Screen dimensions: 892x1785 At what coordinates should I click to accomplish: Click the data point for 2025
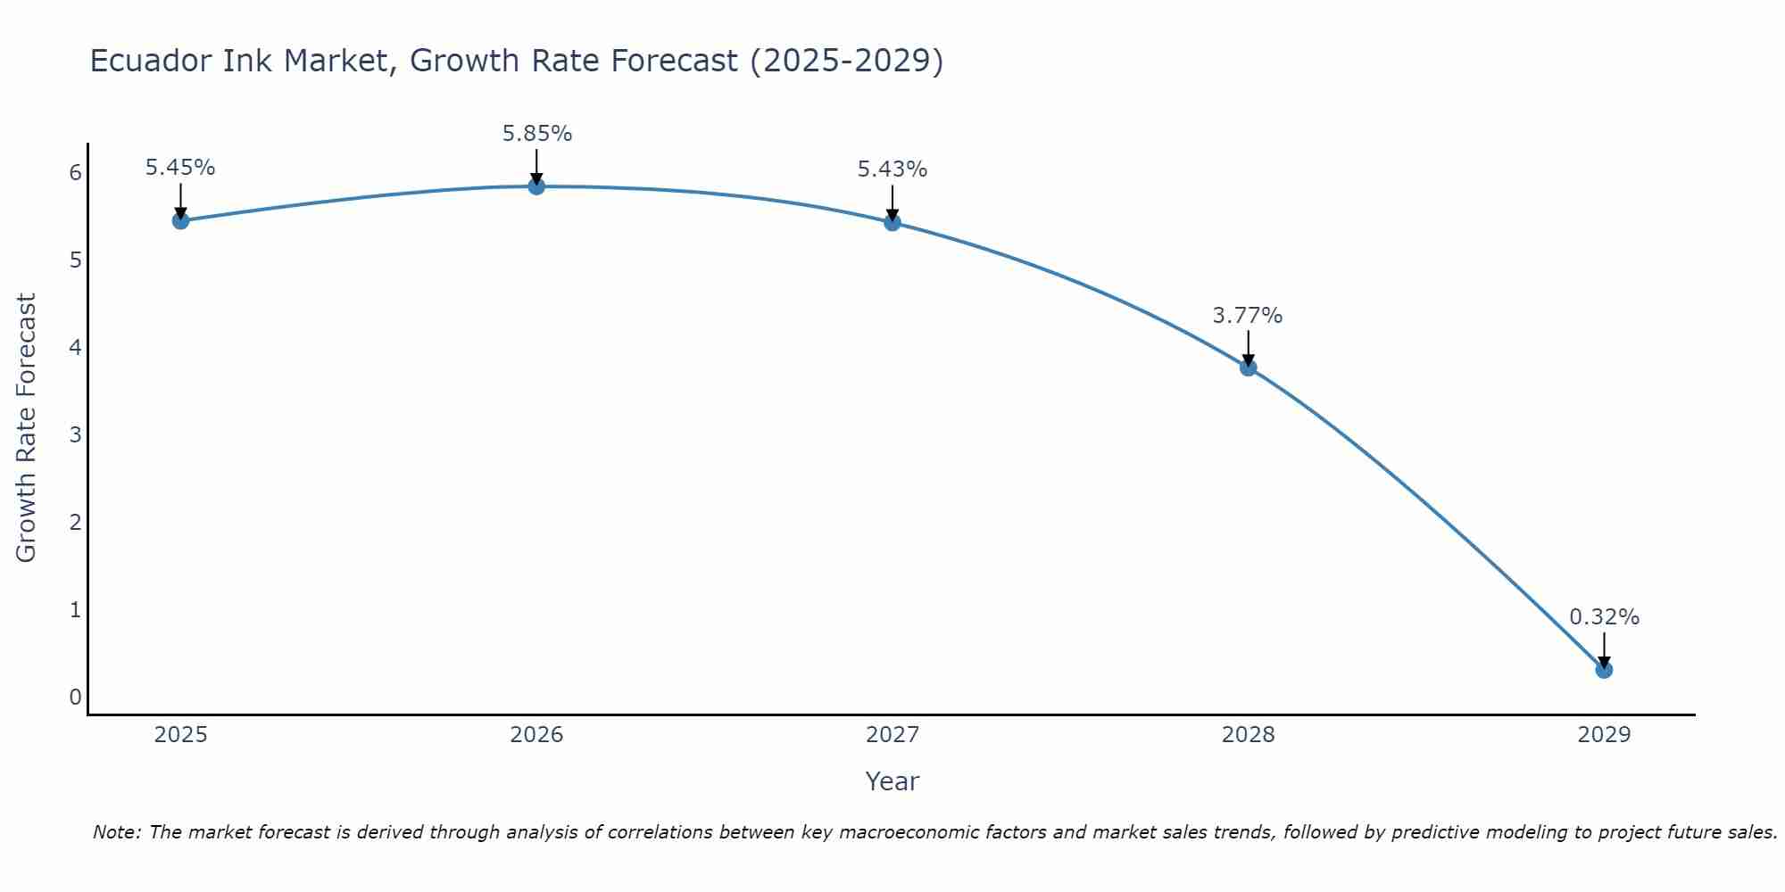point(180,220)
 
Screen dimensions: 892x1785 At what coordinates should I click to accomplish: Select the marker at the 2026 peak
point(536,186)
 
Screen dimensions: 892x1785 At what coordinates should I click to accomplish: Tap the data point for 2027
point(892,222)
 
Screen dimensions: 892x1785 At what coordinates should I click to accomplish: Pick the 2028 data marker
point(1248,367)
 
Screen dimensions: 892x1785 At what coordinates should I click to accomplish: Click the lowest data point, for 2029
point(1604,669)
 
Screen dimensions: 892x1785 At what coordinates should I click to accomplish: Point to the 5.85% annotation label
point(536,134)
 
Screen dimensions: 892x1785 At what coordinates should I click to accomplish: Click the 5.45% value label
point(180,168)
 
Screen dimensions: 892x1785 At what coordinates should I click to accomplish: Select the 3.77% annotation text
point(1248,316)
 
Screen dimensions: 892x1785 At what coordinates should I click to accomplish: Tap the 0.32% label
point(1604,617)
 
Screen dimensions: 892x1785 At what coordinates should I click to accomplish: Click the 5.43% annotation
point(892,169)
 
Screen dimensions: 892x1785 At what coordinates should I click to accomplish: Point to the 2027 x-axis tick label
point(892,735)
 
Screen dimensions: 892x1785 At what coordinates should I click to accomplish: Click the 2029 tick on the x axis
point(1604,735)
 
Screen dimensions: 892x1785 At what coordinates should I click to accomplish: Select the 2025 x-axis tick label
point(180,735)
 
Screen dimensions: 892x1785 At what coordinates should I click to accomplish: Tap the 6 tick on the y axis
point(75,172)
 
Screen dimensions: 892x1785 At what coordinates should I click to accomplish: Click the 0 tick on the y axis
point(75,697)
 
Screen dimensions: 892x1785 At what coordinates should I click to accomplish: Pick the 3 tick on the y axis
point(75,434)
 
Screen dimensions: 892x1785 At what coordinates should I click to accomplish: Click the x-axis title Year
point(892,781)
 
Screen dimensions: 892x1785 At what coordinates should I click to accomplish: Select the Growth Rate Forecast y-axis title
point(27,428)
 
